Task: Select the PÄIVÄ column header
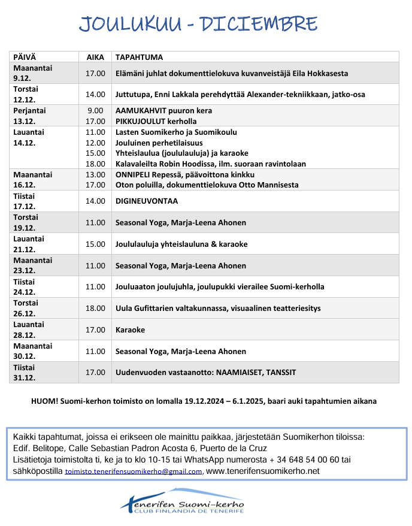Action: click(25, 57)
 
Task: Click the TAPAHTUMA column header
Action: click(139, 57)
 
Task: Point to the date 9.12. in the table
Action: click(23, 78)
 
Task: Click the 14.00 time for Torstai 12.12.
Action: click(95, 94)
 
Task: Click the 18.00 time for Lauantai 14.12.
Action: click(95, 164)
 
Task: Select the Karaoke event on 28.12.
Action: click(130, 329)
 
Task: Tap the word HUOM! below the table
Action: click(43, 401)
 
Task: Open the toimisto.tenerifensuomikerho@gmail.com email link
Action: click(134, 471)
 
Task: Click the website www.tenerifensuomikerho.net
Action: click(262, 471)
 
